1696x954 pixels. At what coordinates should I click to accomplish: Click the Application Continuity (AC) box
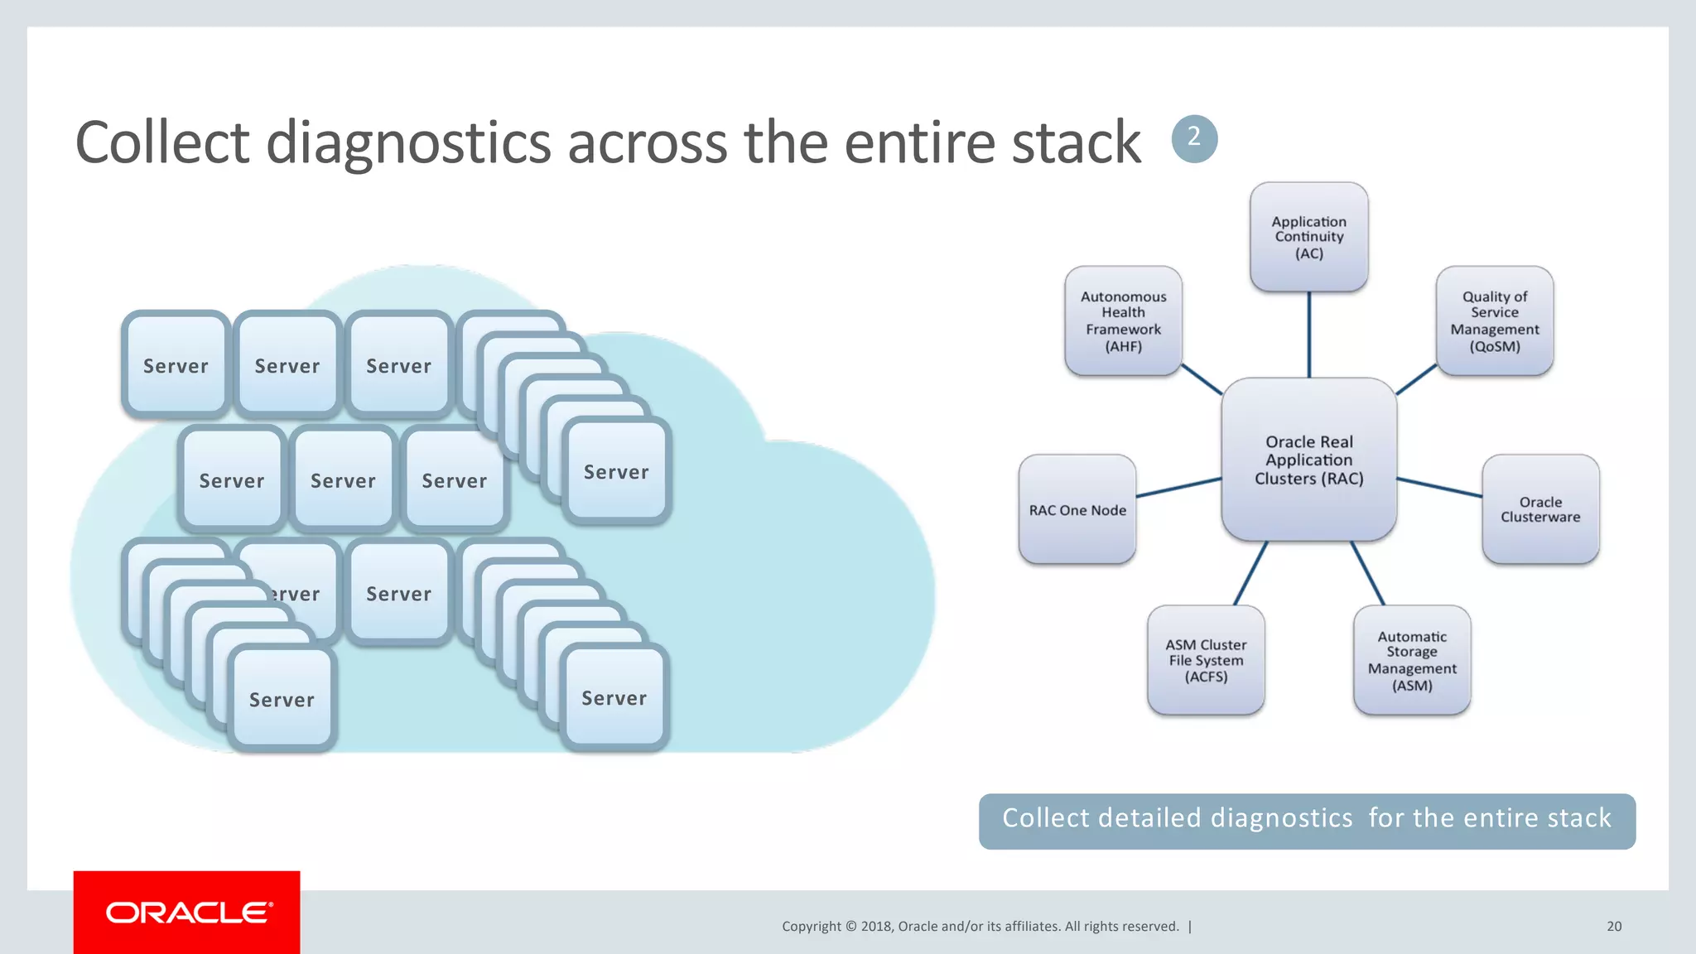tap(1308, 237)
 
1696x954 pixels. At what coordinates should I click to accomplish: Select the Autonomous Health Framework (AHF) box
tap(1123, 320)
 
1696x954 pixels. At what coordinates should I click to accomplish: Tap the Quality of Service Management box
tap(1494, 320)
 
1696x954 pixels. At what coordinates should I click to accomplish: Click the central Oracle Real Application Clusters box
tap(1308, 460)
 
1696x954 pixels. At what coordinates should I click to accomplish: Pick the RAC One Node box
tap(1077, 509)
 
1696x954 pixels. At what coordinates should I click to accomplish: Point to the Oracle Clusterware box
tap(1539, 509)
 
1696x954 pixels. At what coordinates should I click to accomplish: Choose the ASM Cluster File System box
tap(1205, 660)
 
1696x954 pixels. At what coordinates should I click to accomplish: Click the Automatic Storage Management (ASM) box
tap(1411, 660)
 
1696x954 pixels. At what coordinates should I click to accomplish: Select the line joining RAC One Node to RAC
tap(1178, 487)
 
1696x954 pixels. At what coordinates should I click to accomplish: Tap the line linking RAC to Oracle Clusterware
tap(1439, 487)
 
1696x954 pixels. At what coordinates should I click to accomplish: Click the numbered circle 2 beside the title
tap(1194, 138)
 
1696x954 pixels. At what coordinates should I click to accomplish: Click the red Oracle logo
tap(187, 913)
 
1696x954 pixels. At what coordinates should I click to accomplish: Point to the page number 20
tap(1613, 926)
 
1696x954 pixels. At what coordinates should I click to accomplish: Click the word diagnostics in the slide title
tap(408, 142)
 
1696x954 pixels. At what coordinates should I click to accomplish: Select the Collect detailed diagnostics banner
tap(1307, 820)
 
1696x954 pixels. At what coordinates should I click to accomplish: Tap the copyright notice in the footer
tap(980, 926)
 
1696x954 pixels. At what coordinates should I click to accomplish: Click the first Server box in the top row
tap(176, 365)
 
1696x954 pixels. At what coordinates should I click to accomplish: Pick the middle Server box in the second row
tap(343, 480)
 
